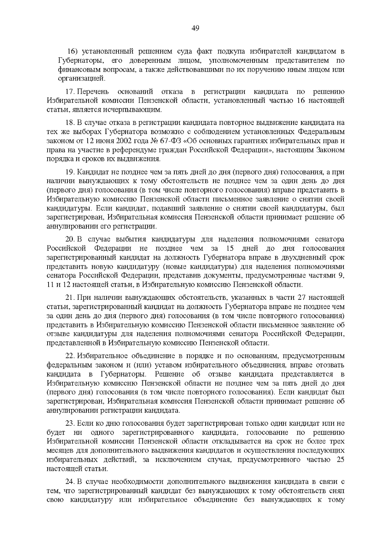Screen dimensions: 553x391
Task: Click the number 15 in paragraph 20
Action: point(230,249)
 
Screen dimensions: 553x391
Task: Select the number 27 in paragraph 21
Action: point(302,298)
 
